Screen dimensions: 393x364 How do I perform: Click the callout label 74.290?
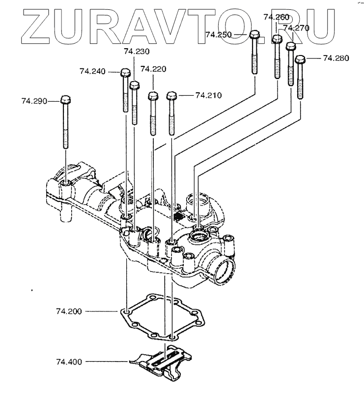click(33, 101)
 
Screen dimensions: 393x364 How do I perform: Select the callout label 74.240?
click(92, 71)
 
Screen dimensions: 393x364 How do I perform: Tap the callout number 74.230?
click(137, 51)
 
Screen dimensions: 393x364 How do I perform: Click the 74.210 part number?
click(208, 94)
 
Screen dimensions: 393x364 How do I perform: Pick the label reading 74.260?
click(276, 17)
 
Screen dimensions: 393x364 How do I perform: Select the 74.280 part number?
click(336, 58)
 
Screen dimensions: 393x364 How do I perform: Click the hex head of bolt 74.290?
click(66, 100)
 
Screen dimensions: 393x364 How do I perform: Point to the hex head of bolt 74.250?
click(254, 35)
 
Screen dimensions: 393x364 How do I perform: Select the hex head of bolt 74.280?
click(300, 59)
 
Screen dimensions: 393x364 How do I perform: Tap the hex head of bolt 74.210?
click(171, 95)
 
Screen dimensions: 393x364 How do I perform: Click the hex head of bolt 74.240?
click(125, 73)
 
